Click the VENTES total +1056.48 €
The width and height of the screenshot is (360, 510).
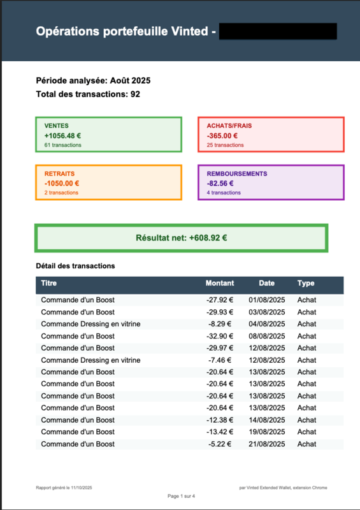[x=62, y=136]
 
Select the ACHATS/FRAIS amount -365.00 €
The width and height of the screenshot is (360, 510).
[x=222, y=136]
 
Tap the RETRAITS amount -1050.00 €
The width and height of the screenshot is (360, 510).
[x=62, y=184]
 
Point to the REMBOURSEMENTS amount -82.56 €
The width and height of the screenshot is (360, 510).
[x=220, y=184]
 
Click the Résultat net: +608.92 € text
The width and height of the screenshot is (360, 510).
[x=182, y=238]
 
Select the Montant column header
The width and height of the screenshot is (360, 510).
[x=220, y=283]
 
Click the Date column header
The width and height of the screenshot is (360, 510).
[x=266, y=283]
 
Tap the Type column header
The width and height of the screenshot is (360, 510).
[x=306, y=283]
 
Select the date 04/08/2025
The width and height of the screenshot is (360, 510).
[x=266, y=324]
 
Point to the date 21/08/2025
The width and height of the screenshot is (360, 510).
[x=266, y=444]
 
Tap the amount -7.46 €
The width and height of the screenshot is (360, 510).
[x=222, y=360]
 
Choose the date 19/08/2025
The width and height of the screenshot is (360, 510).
[x=266, y=432]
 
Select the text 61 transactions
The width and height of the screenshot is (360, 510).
[x=63, y=145]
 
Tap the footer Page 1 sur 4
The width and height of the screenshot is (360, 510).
[x=182, y=496]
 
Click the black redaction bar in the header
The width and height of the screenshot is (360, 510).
[x=278, y=31]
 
